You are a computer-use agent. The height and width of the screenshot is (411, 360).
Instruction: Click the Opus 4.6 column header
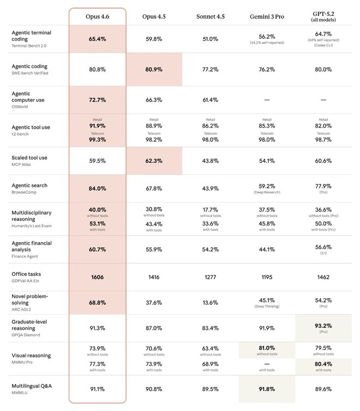97,16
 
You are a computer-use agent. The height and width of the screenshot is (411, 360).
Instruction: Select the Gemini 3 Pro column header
266,16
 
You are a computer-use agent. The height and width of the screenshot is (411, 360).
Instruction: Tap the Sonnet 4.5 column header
210,16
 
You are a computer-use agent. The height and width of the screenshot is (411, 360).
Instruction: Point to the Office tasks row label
27,274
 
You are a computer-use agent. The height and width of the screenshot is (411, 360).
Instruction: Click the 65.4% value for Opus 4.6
97,39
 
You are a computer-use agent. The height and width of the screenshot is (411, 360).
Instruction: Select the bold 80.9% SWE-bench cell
154,69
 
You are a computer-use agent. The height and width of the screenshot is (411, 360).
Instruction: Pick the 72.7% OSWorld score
97,100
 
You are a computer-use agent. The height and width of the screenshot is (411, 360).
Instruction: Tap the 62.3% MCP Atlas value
154,161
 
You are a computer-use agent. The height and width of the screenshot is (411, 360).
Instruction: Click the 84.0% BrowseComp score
97,189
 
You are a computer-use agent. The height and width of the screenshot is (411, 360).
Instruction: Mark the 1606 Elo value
97,277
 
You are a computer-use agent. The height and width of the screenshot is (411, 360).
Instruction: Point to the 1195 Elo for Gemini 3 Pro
266,277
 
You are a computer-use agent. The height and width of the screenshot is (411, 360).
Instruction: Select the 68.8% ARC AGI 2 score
97,303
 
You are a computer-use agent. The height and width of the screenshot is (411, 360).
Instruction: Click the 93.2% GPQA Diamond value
323,325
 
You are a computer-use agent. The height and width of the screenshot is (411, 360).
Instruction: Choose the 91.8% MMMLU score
266,389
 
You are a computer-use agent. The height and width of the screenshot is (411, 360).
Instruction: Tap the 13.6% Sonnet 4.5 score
210,303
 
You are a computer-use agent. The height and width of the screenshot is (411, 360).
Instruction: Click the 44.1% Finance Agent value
266,250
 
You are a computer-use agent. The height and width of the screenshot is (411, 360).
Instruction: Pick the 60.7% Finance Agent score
97,250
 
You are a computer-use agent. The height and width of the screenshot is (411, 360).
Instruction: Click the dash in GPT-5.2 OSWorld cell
323,100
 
